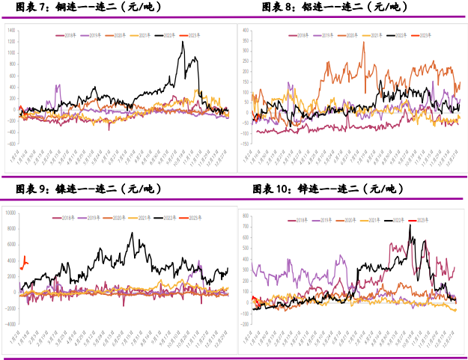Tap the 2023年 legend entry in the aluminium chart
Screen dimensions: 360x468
423,34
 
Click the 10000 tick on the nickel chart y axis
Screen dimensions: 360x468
10,213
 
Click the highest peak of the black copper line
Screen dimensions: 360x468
182,42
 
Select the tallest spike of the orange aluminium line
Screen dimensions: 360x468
364,42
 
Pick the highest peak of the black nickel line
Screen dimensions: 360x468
133,233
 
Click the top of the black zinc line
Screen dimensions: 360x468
410,225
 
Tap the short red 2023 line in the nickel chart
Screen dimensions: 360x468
24,262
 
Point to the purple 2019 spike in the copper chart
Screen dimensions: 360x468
58,85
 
